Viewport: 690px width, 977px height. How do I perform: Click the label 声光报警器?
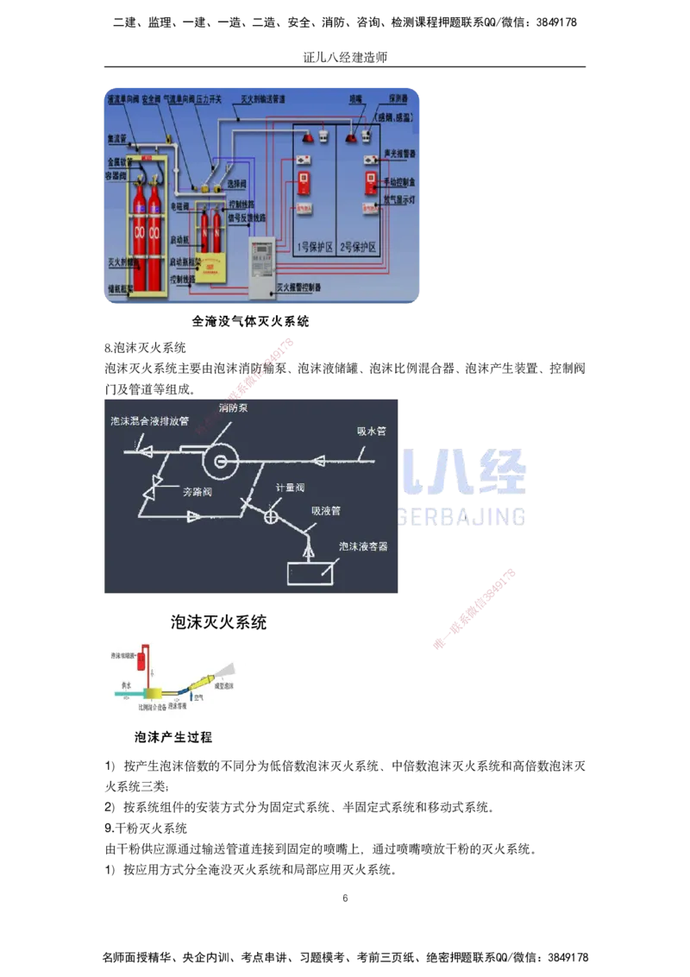pos(399,153)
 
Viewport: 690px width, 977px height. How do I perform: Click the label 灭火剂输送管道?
pos(262,100)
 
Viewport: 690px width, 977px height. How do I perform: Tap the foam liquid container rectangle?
pos(311,573)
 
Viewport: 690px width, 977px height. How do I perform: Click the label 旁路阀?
pos(198,491)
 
